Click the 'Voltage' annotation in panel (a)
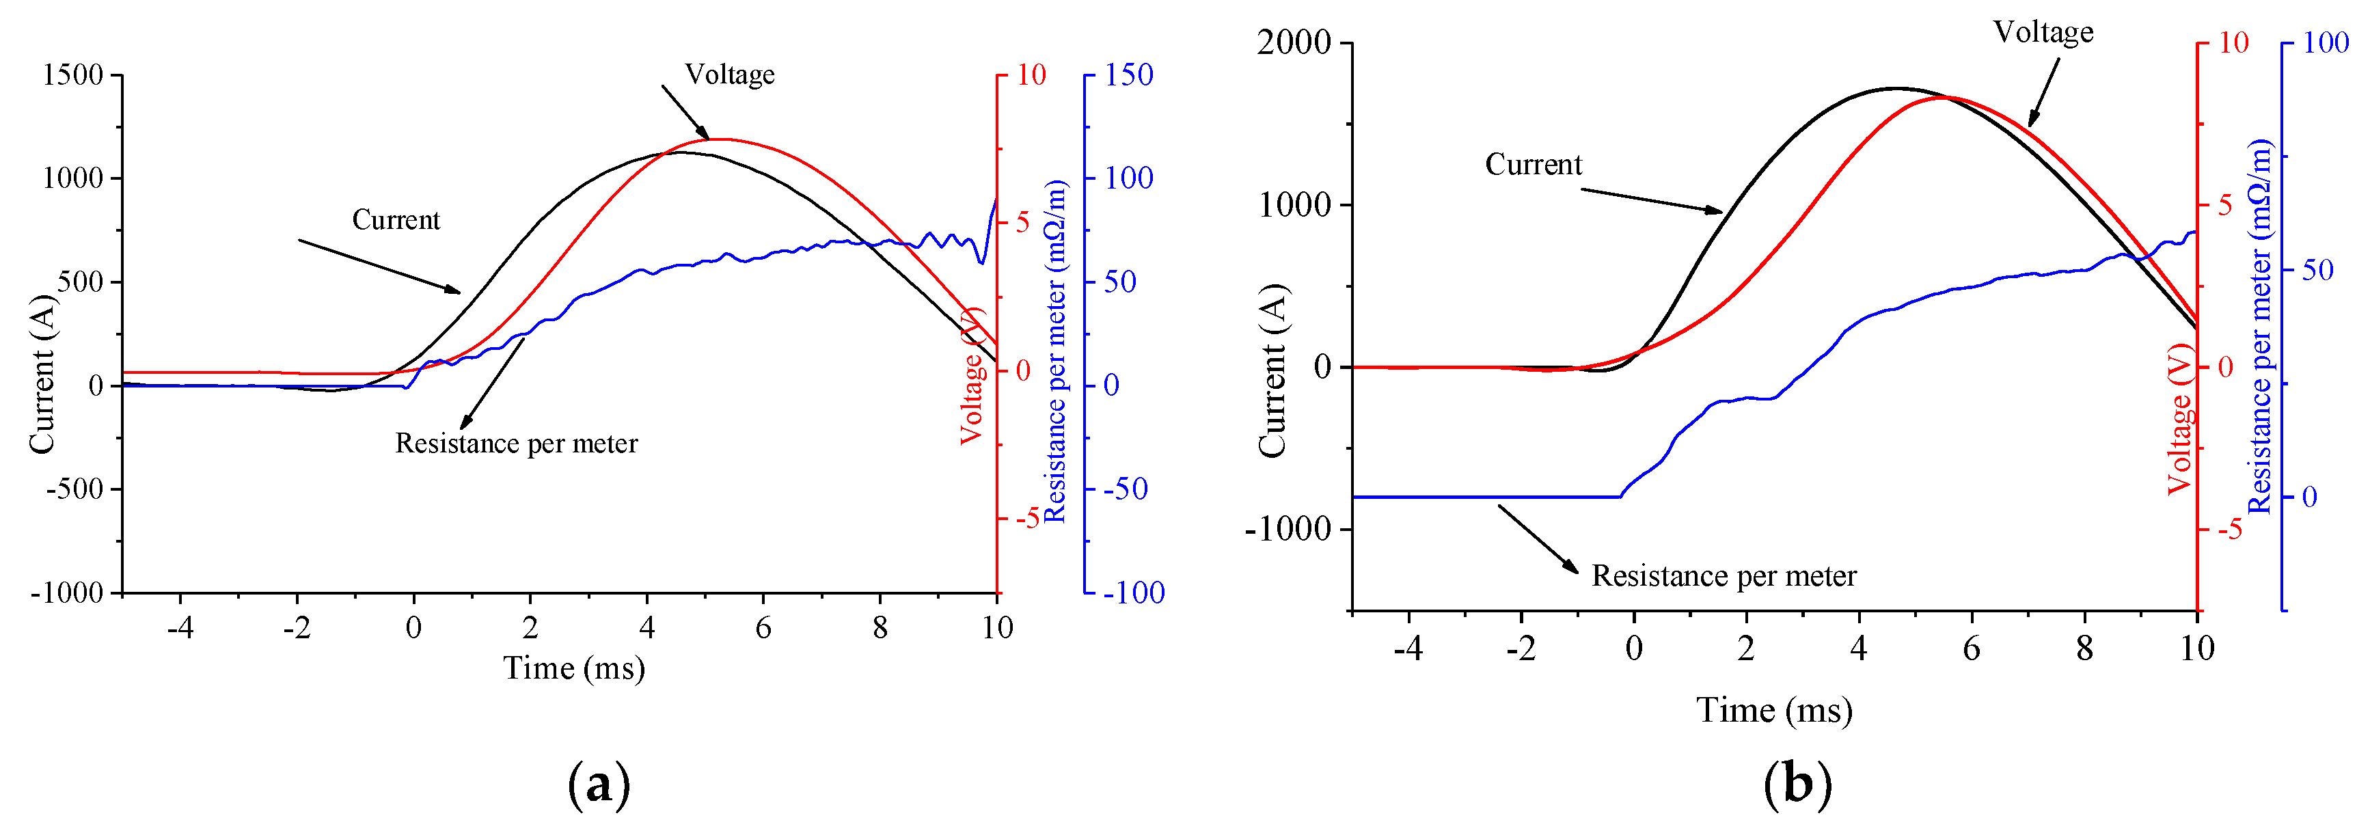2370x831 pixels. [730, 74]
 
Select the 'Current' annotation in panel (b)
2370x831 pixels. [1533, 165]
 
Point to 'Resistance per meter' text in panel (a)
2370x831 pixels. [516, 444]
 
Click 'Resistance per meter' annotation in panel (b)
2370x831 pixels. [1724, 576]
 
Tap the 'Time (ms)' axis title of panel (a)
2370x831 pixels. [573, 668]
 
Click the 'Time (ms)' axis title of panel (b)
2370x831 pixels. [1774, 711]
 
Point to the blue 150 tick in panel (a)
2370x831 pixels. [1129, 74]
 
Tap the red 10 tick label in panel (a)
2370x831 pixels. [1031, 74]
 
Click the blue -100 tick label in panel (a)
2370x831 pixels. [1134, 592]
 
